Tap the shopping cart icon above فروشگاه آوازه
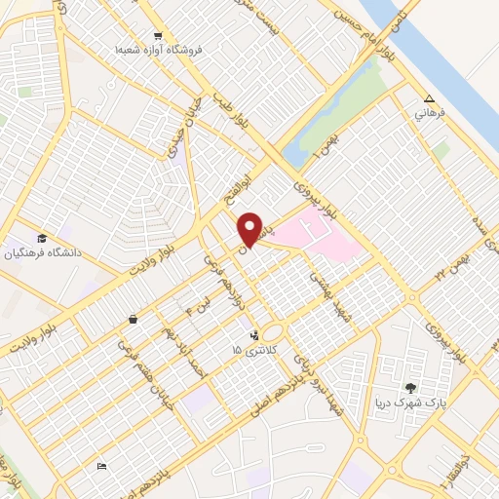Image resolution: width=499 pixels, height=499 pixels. click(x=157, y=35)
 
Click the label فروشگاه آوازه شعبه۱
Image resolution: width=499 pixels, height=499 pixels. click(x=151, y=50)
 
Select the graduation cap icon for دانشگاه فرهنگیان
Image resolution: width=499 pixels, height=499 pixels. click(x=42, y=239)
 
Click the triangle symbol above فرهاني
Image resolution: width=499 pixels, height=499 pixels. click(x=430, y=98)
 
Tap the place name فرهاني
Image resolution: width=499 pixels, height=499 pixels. click(x=430, y=113)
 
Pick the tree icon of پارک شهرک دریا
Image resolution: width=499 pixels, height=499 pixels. click(x=410, y=388)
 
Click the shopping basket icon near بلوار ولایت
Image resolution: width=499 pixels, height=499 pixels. click(x=132, y=319)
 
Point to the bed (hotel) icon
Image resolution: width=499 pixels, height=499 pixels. click(x=102, y=467)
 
